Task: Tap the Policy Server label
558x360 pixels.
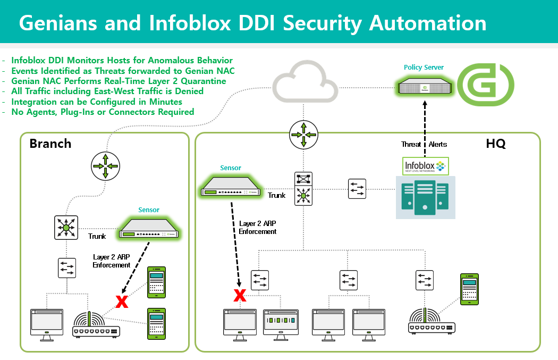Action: pos(424,68)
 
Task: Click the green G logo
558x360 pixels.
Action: pos(486,84)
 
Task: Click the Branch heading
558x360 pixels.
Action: pos(50,144)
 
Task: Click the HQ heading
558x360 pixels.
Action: pos(495,144)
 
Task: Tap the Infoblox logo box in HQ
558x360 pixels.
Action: pos(426,165)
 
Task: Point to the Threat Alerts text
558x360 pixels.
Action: pos(424,144)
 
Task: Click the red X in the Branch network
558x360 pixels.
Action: pos(122,302)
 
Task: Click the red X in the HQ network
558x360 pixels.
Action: pos(240,295)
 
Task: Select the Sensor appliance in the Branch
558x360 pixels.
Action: pos(149,227)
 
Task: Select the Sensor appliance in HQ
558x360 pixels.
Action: pos(232,185)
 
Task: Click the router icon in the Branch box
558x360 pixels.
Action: pos(105,165)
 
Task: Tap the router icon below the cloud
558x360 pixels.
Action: pos(303,135)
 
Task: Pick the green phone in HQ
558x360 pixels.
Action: pos(469,289)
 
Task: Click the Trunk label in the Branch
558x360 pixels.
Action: pos(97,236)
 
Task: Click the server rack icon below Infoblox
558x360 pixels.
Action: pos(425,197)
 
